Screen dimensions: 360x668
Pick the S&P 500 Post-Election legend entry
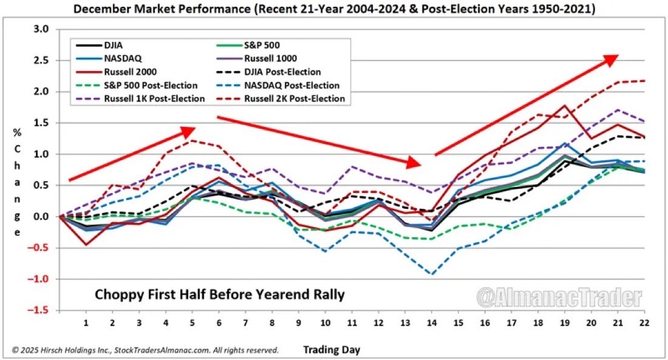[x=151, y=86]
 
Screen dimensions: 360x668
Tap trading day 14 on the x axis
[x=431, y=322]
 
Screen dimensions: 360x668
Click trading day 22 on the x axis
[x=642, y=322]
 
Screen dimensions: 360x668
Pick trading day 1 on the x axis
[x=86, y=322]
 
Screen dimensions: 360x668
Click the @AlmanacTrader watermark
[x=559, y=298]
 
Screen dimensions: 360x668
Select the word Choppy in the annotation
[x=115, y=295]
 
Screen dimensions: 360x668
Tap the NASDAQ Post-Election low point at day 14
[x=431, y=274]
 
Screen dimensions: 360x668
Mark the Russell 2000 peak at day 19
[x=565, y=106]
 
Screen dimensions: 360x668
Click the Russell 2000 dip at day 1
[x=86, y=245]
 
